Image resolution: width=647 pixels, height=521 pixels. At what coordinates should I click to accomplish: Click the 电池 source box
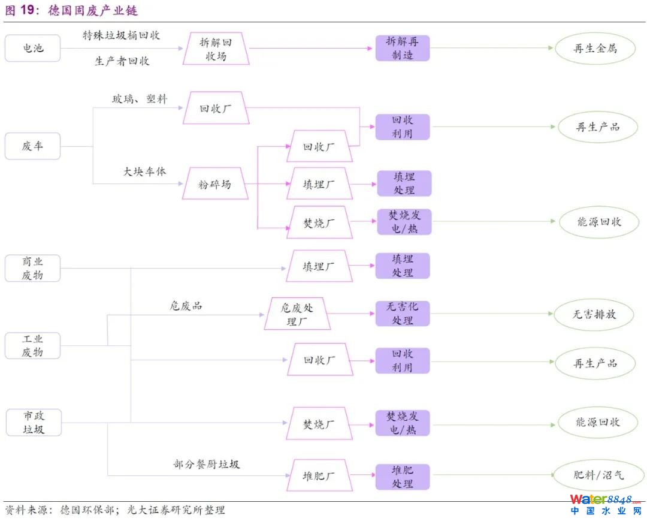[33, 49]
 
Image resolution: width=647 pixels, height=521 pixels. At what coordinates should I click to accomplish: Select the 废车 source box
[33, 146]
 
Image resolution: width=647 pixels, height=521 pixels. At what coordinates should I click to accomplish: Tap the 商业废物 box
[33, 268]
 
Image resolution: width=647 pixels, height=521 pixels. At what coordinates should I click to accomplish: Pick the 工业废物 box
[33, 346]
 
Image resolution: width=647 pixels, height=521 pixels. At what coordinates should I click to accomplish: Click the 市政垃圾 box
[33, 422]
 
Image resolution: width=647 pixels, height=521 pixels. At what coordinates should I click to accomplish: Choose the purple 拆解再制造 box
[403, 48]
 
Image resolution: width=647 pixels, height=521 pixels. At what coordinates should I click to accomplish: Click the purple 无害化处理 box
[403, 314]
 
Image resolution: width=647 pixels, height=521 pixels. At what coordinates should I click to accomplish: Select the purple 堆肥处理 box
[403, 477]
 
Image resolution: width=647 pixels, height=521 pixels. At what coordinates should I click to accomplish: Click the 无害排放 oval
[594, 314]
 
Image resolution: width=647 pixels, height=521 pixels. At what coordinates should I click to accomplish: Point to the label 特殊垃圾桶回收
[122, 35]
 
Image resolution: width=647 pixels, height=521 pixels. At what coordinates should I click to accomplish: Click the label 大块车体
[144, 171]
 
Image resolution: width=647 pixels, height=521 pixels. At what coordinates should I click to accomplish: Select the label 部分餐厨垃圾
[207, 464]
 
